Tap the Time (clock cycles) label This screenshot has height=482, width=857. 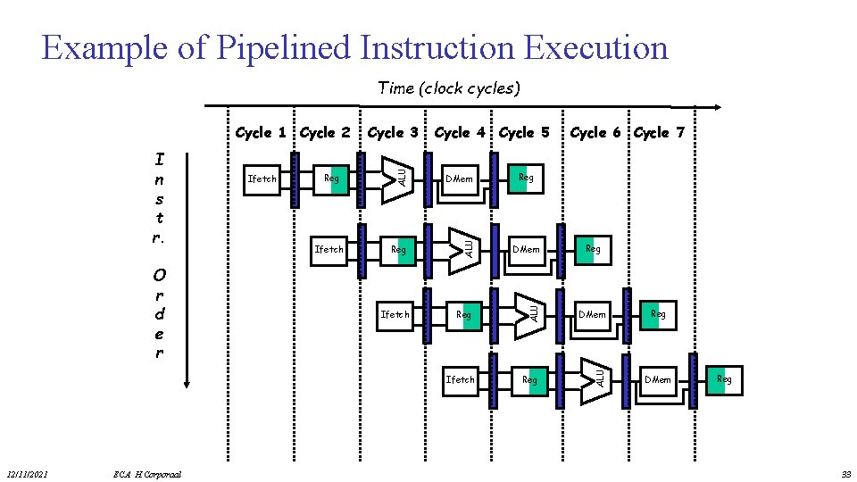[x=448, y=87]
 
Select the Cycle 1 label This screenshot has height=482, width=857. [x=261, y=133]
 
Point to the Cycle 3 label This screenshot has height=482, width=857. [x=393, y=133]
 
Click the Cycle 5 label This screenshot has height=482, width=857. [x=524, y=133]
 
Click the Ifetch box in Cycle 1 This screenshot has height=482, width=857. [x=262, y=179]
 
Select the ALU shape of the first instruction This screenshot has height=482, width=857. [x=394, y=178]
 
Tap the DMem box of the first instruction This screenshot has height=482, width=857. [x=460, y=179]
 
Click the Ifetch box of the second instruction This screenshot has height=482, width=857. [x=329, y=249]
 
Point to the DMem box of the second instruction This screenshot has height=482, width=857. [x=525, y=249]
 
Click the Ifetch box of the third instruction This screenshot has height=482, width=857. [x=395, y=314]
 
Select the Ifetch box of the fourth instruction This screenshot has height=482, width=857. [x=461, y=379]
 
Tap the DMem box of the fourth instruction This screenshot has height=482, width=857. [x=658, y=379]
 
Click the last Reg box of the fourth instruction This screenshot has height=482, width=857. [x=724, y=379]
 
